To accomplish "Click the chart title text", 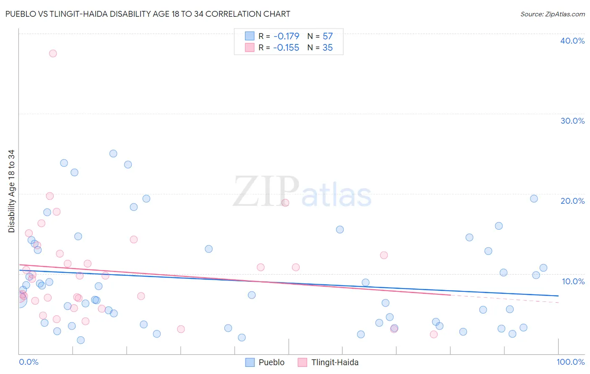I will [x=148, y=14].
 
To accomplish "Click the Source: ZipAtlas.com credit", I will [x=552, y=14].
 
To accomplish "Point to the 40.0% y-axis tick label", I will [x=572, y=41].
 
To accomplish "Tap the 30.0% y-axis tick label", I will [x=572, y=121].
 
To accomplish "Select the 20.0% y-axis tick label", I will [x=572, y=201].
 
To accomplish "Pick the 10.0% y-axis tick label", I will [x=573, y=281].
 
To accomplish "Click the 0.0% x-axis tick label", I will [x=29, y=362].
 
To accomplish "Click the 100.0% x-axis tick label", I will [x=570, y=362].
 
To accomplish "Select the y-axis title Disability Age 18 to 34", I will [x=11, y=191].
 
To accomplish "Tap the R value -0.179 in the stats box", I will [x=286, y=36].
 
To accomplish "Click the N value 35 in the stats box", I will [x=327, y=48].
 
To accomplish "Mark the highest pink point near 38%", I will [x=53, y=53].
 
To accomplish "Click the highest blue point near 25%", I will [x=113, y=153].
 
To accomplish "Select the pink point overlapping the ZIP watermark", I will [x=285, y=203].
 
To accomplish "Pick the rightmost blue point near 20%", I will [x=534, y=199].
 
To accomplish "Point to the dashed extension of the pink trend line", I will [x=504, y=299].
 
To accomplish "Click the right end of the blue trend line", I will [x=558, y=296].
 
